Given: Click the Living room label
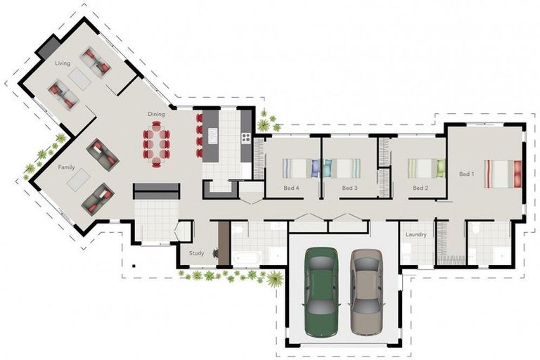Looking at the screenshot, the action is coord(63,63).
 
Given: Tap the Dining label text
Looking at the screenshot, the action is coord(156,114).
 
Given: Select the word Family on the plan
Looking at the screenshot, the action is coord(66,167).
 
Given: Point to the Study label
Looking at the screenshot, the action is coord(196,253).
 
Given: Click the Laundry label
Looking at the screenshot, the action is coord(416,235).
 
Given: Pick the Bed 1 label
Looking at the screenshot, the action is coord(467,174).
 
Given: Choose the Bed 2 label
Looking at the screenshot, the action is coord(420,188).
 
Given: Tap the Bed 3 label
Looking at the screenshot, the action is coord(349,188).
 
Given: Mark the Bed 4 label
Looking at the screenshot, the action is coord(291,188).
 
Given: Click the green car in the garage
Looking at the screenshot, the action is coord(321,291).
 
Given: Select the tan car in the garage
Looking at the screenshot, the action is coord(367,292).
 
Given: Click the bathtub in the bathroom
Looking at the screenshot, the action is coord(247,258).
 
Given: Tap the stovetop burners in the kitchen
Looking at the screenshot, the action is coord(246,138).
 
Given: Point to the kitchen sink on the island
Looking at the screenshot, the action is coord(213,136).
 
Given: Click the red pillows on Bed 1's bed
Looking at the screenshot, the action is coord(517,174).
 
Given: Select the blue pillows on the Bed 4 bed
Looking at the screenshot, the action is coord(316,168).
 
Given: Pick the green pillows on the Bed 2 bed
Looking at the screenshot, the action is coord(441,168).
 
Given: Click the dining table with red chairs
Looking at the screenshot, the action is coord(156,144).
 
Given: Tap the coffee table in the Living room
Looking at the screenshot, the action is coord(79,79).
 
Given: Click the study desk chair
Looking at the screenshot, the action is coord(216,253).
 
